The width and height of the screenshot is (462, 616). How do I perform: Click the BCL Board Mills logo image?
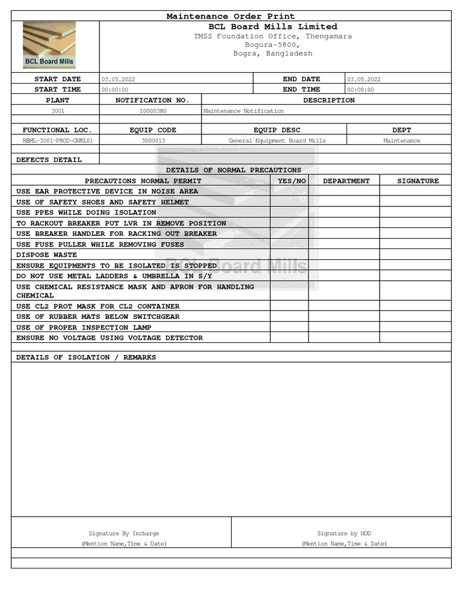(49, 46)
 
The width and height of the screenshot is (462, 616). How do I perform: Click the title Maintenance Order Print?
(230, 16)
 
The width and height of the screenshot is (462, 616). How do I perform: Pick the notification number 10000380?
(153, 111)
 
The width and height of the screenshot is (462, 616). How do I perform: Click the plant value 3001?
(58, 111)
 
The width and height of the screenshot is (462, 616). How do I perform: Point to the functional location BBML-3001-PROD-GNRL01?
(58, 141)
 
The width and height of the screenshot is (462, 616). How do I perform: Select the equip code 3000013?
(153, 141)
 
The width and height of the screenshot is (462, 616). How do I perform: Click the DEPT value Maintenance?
(402, 141)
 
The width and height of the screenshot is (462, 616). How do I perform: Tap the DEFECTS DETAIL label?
(49, 160)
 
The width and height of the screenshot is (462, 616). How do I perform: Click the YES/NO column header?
(292, 181)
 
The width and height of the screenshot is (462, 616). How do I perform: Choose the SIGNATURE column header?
(417, 181)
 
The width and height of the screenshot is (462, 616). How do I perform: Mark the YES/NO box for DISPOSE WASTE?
(289, 255)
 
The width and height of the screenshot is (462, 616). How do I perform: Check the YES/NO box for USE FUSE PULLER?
(289, 245)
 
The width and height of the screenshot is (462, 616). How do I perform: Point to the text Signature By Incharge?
(124, 534)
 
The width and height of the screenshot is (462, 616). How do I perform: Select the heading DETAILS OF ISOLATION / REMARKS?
(86, 357)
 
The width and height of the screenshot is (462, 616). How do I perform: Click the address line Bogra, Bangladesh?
(273, 54)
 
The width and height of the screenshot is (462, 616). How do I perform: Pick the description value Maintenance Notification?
(244, 111)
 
